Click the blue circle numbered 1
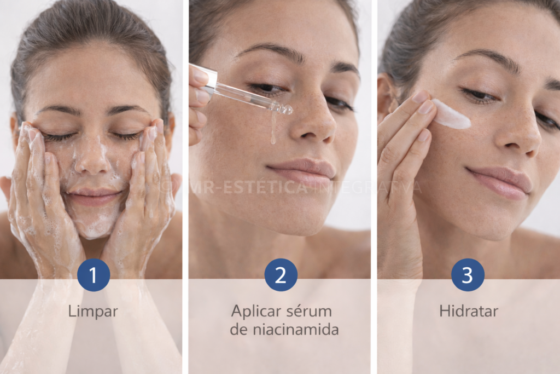coord(93,275)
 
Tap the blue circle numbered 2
coord(281,275)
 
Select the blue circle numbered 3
coord(468,275)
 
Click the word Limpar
coord(93,312)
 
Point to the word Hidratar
coord(468,312)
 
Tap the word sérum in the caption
coord(308,311)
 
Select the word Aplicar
coord(255,312)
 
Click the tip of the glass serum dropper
coord(286,110)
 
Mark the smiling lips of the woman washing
coord(93,196)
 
